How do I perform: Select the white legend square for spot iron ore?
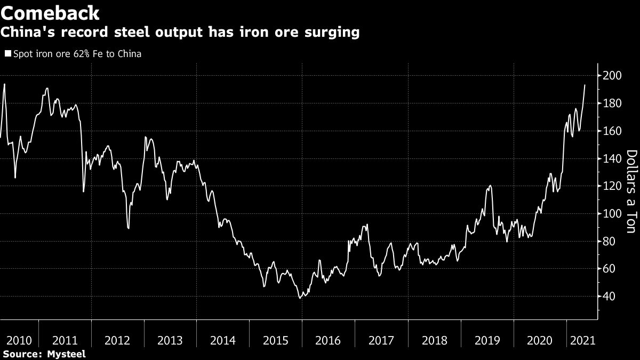click(x=7, y=54)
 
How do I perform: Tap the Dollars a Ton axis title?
click(x=630, y=191)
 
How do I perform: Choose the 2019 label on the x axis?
click(x=487, y=340)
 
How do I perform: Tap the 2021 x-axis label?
click(x=582, y=340)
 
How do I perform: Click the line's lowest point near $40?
click(x=300, y=298)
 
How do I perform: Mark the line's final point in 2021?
click(x=585, y=85)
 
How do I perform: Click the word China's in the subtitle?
click(x=26, y=33)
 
